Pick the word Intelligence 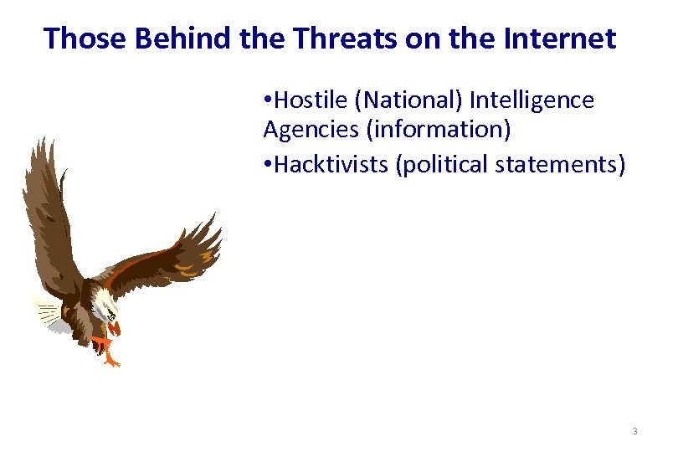pos(532,101)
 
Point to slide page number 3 pos(634,432)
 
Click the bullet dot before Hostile pos(267,102)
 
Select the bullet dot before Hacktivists pos(267,165)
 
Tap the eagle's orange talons pos(107,352)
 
